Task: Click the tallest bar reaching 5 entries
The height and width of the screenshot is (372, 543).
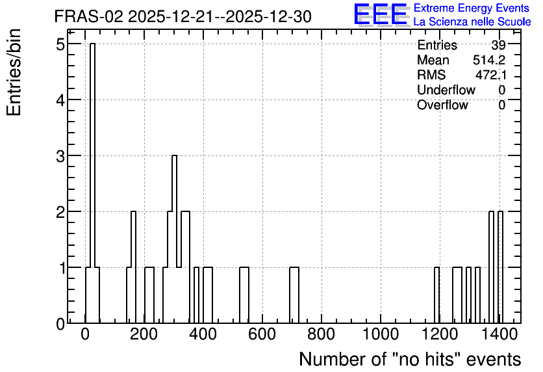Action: pos(92,183)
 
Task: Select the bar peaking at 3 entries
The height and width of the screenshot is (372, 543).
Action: pos(174,239)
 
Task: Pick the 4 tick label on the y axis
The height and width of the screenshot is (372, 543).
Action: pos(61,100)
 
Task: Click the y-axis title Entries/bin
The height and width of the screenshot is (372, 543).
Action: pos(14,72)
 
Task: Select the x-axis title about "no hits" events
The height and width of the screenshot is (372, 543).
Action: pos(410,359)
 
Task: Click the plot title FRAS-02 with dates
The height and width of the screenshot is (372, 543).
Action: pos(183,16)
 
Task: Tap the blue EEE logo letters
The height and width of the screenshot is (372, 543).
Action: pos(380,14)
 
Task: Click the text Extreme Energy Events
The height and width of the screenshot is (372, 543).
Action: pos(472,8)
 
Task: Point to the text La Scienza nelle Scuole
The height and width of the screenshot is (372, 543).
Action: pos(472,21)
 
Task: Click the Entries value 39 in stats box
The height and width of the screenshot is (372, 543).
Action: pos(498,45)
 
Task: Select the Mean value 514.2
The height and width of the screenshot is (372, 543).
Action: pos(489,60)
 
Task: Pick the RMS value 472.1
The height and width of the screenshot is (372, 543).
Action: pos(490,75)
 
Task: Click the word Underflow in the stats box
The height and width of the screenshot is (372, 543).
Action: pos(446,90)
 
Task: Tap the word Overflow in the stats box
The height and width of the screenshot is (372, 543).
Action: pos(442,105)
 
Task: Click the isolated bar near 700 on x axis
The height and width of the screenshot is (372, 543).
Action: pos(294,295)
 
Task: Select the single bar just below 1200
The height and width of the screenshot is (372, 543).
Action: pos(437,295)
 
